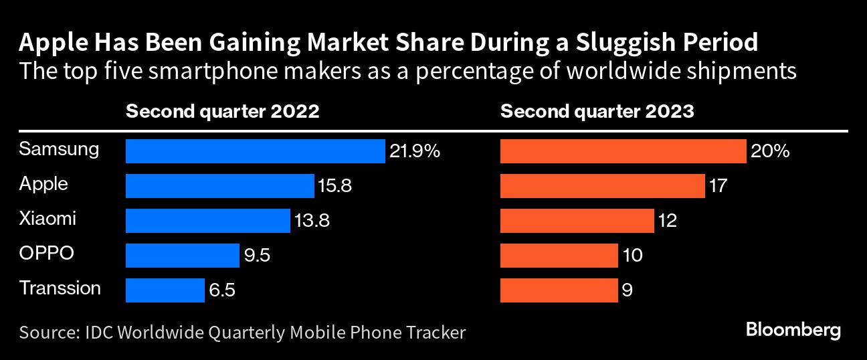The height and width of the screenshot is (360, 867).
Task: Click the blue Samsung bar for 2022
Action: tap(255, 151)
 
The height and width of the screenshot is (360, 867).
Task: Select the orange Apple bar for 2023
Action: tap(602, 185)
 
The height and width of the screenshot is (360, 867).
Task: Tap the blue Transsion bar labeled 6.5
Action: tap(165, 290)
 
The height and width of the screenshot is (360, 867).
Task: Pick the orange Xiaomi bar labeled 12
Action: tap(577, 220)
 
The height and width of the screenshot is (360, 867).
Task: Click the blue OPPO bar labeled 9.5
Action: tap(182, 255)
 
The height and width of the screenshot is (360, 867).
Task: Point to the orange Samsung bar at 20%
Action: tap(623, 151)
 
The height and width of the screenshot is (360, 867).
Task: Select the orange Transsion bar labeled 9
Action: tap(559, 290)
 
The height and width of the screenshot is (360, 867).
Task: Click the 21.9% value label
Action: tap(415, 152)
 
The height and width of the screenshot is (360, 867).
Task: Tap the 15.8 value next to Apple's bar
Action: tap(335, 186)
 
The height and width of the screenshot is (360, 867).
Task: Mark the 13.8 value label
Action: tap(311, 220)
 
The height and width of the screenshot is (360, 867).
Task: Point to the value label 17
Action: tap(718, 186)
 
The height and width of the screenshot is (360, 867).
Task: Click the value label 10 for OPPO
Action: tap(632, 255)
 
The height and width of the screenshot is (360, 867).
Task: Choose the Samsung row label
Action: tap(59, 149)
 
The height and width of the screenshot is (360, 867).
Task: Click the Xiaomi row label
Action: tap(47, 218)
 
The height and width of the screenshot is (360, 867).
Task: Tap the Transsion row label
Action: tap(60, 288)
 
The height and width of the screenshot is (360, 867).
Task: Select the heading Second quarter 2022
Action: tap(222, 111)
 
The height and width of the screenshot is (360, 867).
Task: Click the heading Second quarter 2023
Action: tap(597, 111)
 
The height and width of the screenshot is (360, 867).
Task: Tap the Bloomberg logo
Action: tap(793, 331)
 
